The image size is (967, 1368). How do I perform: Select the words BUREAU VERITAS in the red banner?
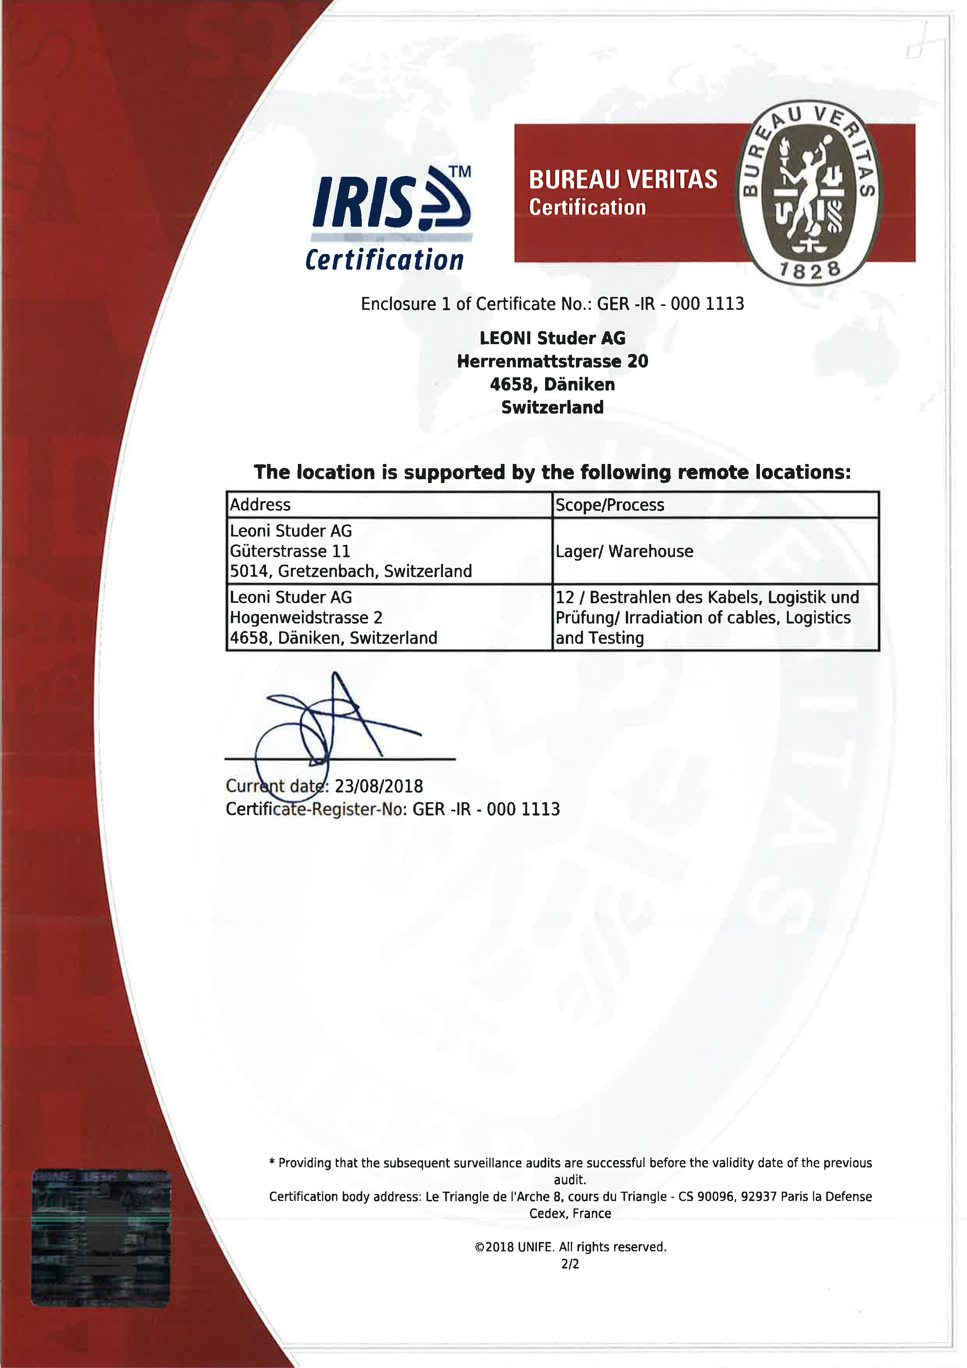pos(623,179)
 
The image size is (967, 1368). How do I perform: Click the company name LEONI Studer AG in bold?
pos(552,338)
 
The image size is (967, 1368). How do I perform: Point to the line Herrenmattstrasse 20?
pos(552,361)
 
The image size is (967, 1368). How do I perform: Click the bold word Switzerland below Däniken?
pos(552,407)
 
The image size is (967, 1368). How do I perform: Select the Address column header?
pos(260,505)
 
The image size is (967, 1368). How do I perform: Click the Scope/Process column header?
pos(609,505)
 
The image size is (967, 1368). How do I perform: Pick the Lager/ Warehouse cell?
pos(624,551)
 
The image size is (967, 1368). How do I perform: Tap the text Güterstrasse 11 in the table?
pos(290,551)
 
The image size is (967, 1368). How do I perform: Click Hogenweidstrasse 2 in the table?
pos(306,617)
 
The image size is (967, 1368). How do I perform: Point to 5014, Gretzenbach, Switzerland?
pos(351,571)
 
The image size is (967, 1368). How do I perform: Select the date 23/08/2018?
pos(379,786)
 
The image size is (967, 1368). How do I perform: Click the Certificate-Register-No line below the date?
pos(392,809)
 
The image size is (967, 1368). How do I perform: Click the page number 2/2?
pos(570,1264)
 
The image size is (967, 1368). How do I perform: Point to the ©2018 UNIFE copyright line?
pos(570,1247)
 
